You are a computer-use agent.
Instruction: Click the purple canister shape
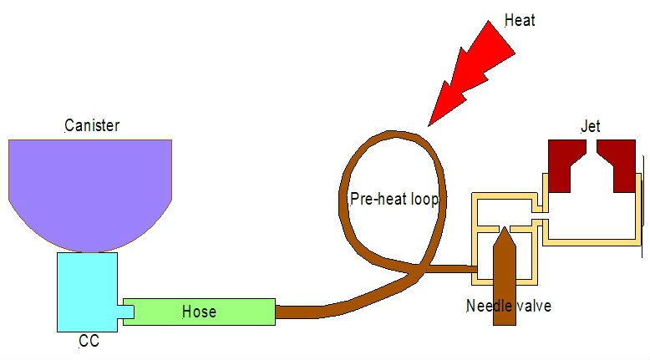[90, 190]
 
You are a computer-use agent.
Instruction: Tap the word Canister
[92, 125]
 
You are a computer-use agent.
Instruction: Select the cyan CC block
[87, 292]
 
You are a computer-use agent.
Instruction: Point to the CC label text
[89, 341]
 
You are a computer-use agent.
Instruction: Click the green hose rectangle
[200, 312]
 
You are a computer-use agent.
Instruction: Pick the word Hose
[200, 312]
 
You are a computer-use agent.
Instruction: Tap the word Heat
[520, 20]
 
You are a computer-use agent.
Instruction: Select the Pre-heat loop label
[394, 200]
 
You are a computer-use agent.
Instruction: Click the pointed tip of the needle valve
[505, 227]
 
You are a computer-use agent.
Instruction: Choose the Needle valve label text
[509, 307]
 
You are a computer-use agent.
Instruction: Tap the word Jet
[591, 126]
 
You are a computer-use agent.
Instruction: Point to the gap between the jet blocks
[592, 146]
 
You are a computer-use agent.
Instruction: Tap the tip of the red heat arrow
[429, 125]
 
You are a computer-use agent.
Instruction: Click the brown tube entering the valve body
[452, 269]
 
